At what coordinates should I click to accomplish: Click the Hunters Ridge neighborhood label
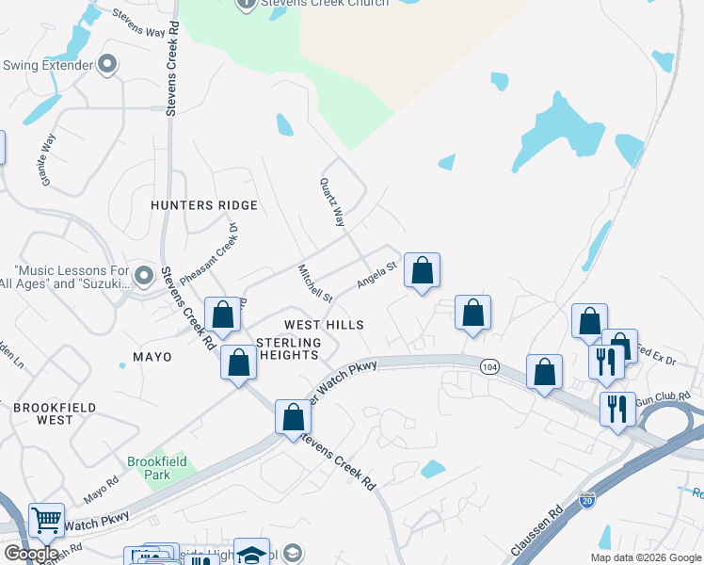point(203,205)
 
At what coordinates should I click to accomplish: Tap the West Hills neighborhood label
point(324,324)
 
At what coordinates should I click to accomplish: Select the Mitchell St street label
point(315,282)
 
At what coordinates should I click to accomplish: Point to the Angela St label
point(378,274)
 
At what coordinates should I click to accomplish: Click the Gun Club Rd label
point(656,401)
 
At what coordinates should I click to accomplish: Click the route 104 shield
point(488,365)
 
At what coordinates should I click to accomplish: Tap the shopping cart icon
point(45,519)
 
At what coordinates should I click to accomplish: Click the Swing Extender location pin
point(107,65)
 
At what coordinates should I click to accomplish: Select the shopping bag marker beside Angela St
point(423,271)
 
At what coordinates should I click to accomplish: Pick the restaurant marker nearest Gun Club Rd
point(617,409)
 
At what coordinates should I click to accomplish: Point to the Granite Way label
point(46,158)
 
